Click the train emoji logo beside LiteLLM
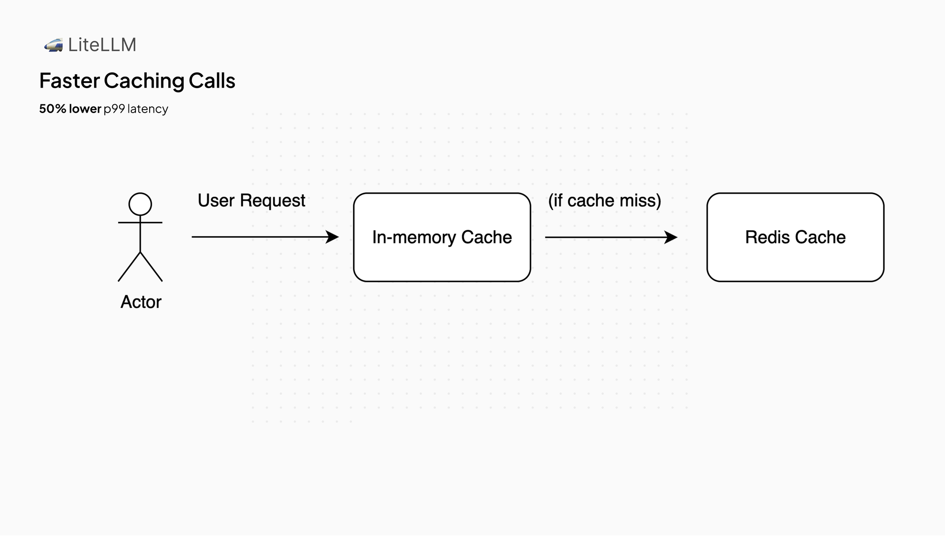coord(53,45)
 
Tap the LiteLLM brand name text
coord(102,45)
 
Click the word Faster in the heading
coord(69,81)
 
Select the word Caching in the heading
coord(144,81)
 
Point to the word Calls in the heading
coord(212,81)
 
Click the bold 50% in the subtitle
coord(52,109)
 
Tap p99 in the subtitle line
coord(114,109)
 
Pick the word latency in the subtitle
coord(148,109)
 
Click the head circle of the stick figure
coord(140,204)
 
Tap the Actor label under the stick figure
coord(141,302)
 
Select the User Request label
coord(251,201)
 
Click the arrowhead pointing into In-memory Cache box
coord(333,237)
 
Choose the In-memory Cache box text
coord(441,238)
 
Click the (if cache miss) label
coord(604,201)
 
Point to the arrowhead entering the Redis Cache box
coord(671,238)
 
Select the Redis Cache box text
coord(795,238)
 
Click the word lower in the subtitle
coord(85,109)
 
